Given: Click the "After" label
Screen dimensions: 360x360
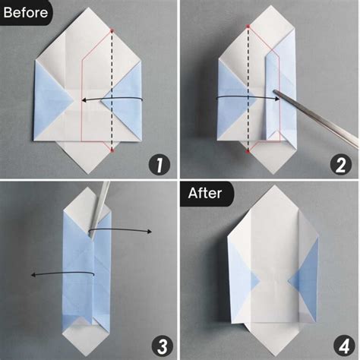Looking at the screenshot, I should pyautogui.click(x=206, y=193).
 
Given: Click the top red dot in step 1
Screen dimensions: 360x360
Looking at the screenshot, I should pyautogui.click(x=111, y=30).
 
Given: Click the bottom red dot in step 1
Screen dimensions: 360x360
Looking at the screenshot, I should pyautogui.click(x=111, y=151).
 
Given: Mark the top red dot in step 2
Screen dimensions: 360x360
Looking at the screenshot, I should pyautogui.click(x=248, y=26).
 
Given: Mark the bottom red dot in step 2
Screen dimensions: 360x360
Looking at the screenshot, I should pyautogui.click(x=248, y=151).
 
